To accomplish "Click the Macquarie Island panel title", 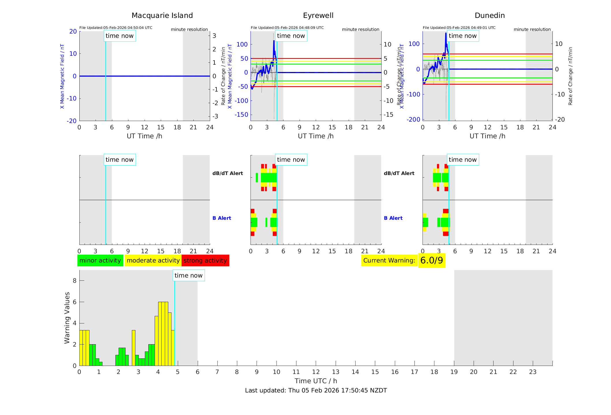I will point(162,16).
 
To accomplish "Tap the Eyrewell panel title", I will point(318,16).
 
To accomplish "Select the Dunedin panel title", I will point(489,16).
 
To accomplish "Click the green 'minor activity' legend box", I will point(100,260).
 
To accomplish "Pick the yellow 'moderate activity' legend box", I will point(153,260).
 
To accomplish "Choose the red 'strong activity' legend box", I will point(205,260).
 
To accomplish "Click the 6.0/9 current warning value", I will point(431,260).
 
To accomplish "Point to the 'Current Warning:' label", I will point(389,260).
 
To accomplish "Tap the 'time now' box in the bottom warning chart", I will point(188,276).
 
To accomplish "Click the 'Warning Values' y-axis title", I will point(67,318).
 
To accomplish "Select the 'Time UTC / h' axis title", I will point(316,381).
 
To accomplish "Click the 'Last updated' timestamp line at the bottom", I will point(316,390).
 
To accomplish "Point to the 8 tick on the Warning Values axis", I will point(74,281).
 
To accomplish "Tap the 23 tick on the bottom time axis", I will point(532,372).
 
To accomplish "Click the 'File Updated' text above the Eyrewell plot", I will point(287,28).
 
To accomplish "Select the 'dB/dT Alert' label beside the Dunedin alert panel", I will point(399,173).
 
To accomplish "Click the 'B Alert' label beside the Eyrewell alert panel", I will point(222,218).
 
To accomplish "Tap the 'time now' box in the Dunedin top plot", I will point(463,36).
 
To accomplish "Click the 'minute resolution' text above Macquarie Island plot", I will point(189,29).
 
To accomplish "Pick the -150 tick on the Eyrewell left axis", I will point(241,115).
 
